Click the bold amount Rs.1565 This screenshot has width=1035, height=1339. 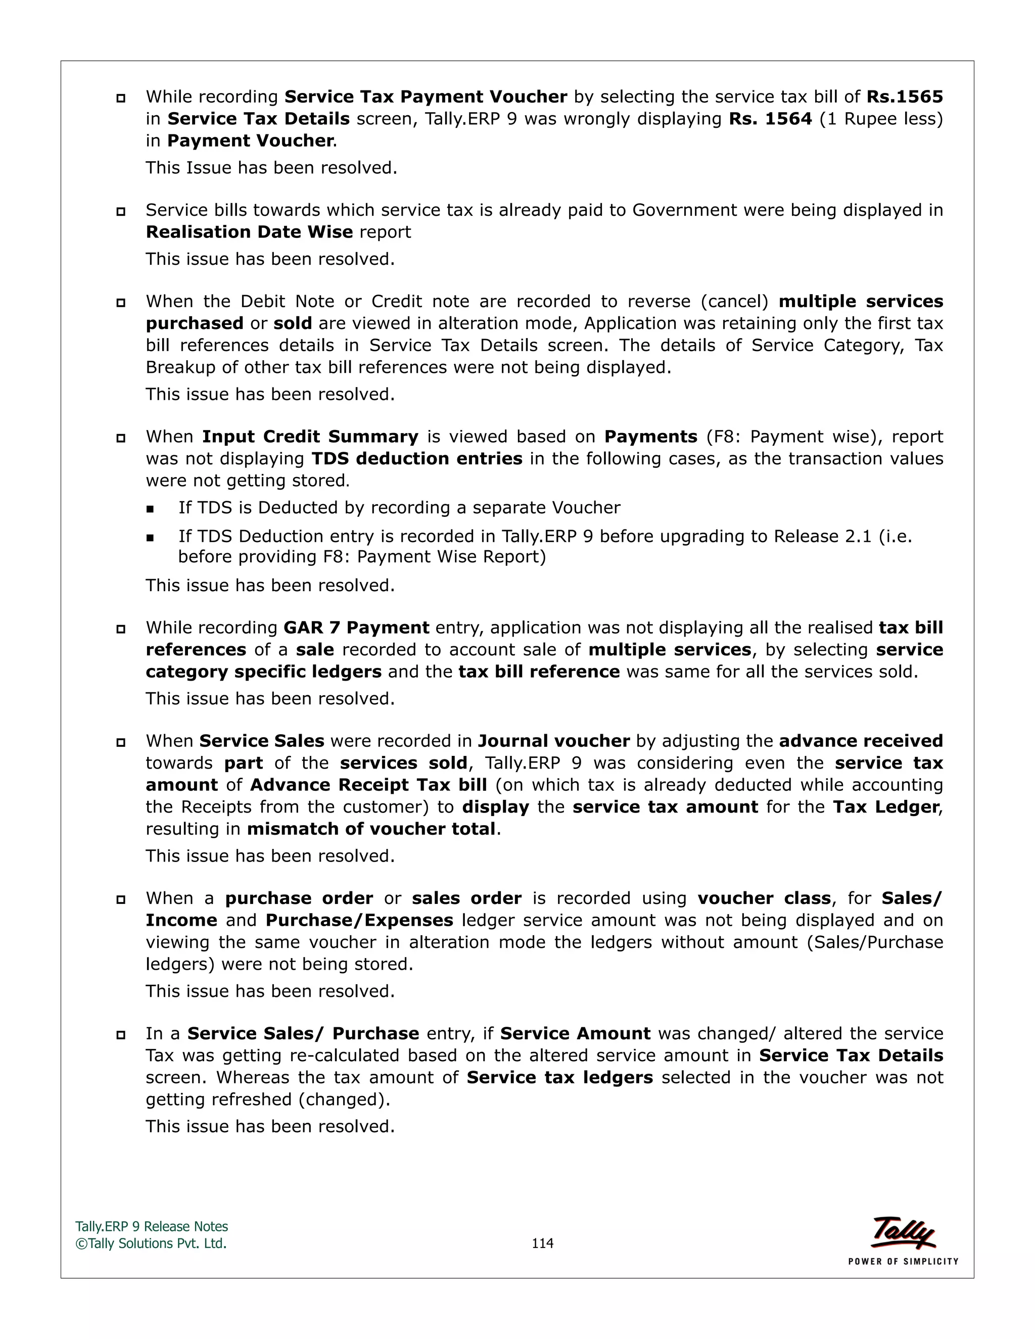[x=905, y=97]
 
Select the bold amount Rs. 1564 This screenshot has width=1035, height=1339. [x=770, y=119]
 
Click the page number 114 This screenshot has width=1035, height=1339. [x=542, y=1243]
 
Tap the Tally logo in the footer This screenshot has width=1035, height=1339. [x=903, y=1232]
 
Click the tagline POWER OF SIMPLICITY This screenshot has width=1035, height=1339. [x=903, y=1261]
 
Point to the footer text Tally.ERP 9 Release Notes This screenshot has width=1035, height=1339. [x=152, y=1226]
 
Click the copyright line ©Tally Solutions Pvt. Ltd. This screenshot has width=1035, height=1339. [x=151, y=1244]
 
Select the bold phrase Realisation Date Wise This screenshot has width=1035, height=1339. [x=249, y=232]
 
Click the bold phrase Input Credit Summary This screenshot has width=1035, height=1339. [x=310, y=437]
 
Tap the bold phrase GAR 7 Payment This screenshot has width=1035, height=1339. [x=356, y=628]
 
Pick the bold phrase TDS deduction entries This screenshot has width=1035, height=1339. [x=417, y=459]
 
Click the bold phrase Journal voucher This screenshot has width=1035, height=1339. [x=554, y=741]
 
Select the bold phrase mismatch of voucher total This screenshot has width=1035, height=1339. [x=371, y=829]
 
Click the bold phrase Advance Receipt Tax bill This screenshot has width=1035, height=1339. [x=368, y=785]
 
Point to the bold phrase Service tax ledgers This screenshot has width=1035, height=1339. [x=559, y=1078]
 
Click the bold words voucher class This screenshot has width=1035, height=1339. [x=764, y=899]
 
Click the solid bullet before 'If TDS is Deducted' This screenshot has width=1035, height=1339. [x=150, y=509]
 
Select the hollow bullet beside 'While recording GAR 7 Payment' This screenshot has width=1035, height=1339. [x=121, y=629]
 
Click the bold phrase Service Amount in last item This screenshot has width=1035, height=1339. [x=575, y=1034]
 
